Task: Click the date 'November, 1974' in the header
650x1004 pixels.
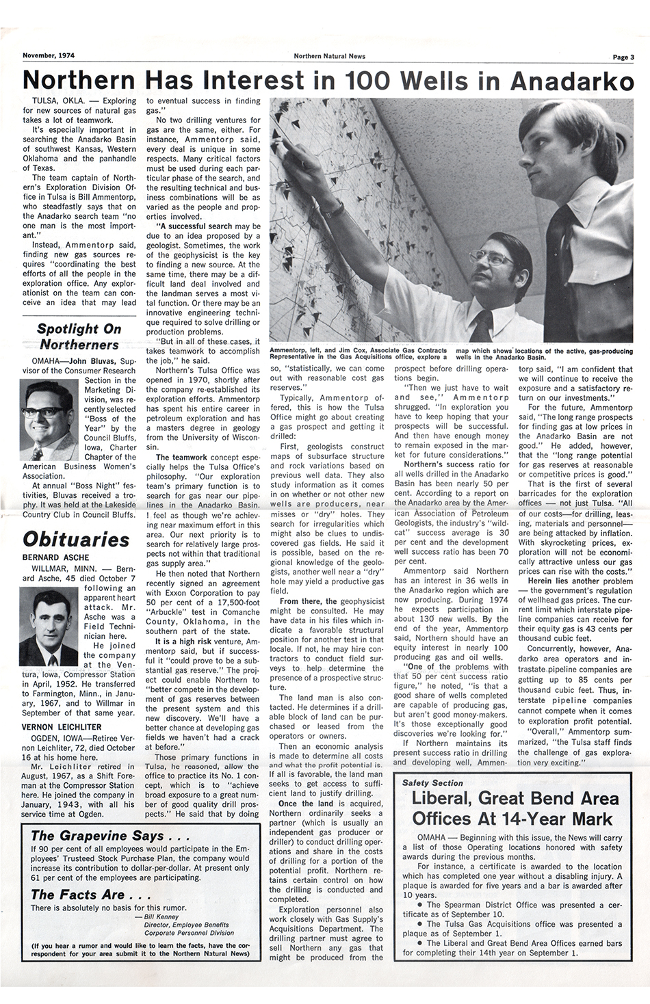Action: coord(49,57)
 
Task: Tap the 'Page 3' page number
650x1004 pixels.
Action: coord(623,57)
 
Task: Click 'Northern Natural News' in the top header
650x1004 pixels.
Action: coord(325,57)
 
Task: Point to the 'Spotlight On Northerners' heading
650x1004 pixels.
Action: coord(79,336)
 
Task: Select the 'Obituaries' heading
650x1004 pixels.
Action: coord(76,539)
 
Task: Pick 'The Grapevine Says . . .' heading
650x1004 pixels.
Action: coord(97,835)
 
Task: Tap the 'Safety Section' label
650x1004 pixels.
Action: coord(432,782)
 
